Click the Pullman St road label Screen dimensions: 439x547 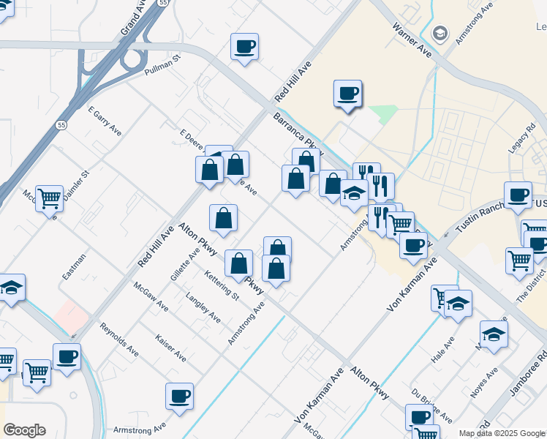click(x=162, y=68)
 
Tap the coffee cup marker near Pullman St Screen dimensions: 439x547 click(x=245, y=48)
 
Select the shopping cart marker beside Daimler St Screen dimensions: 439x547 click(x=49, y=198)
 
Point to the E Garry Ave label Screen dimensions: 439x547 click(x=105, y=120)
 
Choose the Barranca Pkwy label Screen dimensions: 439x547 click(x=298, y=131)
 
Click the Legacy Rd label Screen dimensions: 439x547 click(x=521, y=140)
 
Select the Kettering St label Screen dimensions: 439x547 click(x=222, y=285)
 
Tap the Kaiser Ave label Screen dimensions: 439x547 click(x=170, y=347)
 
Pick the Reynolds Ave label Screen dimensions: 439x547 click(x=119, y=339)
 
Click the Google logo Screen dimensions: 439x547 click(x=24, y=430)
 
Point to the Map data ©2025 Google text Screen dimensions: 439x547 click(x=502, y=433)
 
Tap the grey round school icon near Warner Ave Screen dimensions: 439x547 click(x=440, y=33)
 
